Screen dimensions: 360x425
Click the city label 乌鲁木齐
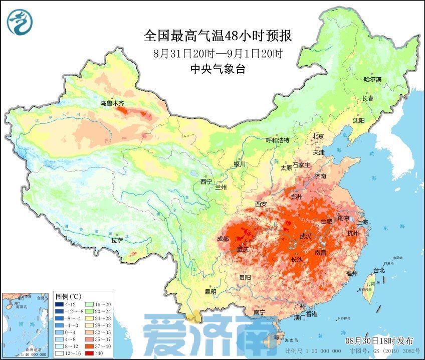[111, 103]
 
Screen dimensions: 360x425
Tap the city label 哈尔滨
[372, 79]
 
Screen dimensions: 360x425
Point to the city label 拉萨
[117, 240]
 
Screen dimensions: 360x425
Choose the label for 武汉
[305, 236]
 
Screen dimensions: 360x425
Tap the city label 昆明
[210, 291]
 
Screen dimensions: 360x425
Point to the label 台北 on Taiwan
[379, 270]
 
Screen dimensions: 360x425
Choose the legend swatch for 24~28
[87, 318]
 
